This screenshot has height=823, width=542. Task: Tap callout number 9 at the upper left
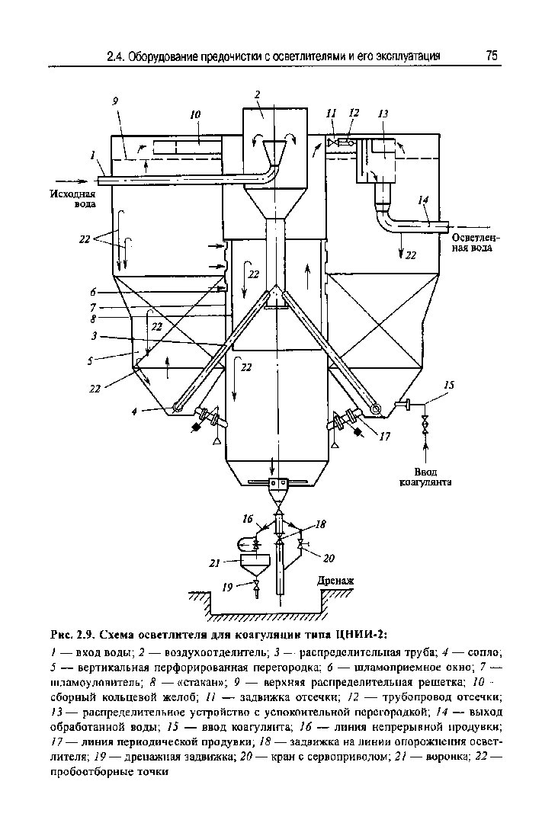[114, 101]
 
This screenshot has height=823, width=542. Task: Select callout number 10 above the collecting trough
[195, 114]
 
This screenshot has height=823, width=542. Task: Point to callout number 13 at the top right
[383, 114]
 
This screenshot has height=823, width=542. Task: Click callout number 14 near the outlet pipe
[424, 200]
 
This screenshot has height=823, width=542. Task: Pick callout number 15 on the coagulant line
[449, 386]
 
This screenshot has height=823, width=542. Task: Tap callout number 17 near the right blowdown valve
[384, 437]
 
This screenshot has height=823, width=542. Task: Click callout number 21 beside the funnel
[214, 563]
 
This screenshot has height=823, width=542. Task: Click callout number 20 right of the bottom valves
[329, 558]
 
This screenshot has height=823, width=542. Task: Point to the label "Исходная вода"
[68, 200]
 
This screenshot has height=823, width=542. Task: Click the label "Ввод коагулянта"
[425, 476]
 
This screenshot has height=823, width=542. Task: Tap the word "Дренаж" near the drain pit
[335, 581]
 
